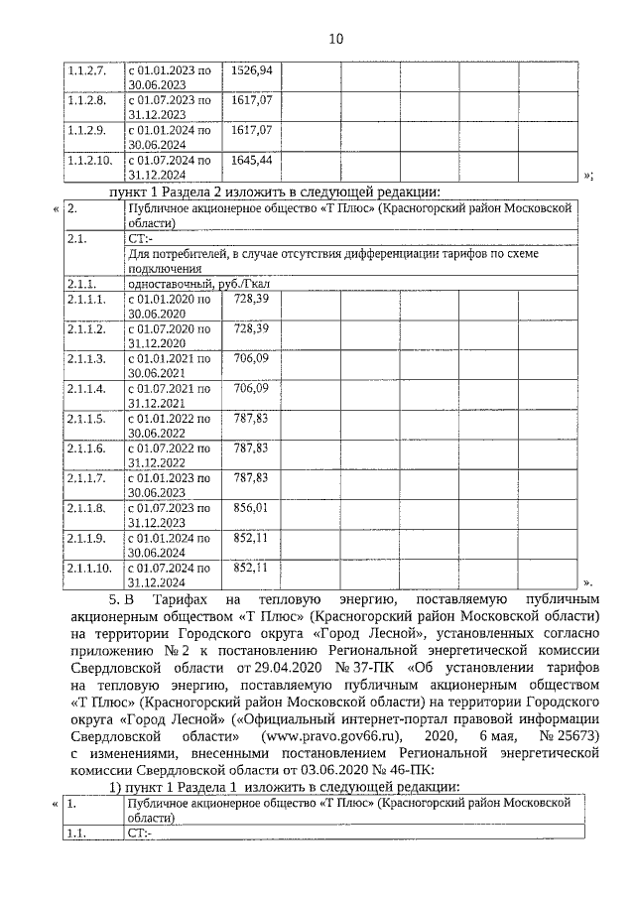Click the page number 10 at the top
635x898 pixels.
coord(335,39)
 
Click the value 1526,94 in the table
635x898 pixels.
coord(251,70)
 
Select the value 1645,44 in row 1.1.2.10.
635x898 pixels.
coord(251,160)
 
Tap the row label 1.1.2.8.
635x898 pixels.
coord(86,100)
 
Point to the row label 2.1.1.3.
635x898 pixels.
coord(86,357)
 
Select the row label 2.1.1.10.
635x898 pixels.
coord(89,568)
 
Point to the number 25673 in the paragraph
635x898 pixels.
coord(576,737)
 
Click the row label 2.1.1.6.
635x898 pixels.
coord(86,448)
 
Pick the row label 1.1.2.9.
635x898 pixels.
coord(86,130)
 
